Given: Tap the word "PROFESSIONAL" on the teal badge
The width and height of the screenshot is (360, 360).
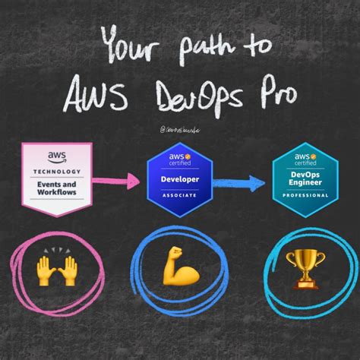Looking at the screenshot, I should pyautogui.click(x=303, y=196).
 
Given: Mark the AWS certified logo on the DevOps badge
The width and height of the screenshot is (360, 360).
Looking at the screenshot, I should pyautogui.click(x=303, y=159).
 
